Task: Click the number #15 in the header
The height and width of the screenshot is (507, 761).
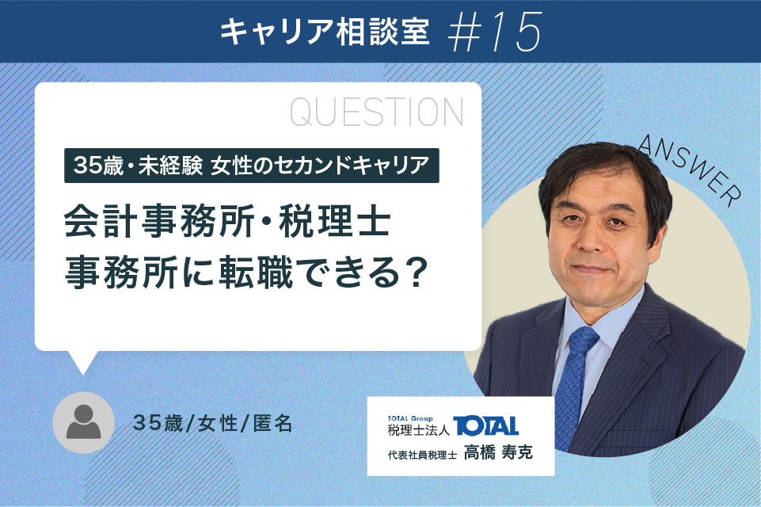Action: (x=494, y=31)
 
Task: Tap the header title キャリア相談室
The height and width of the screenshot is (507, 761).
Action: (x=325, y=32)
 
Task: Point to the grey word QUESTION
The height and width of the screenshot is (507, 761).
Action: (x=377, y=112)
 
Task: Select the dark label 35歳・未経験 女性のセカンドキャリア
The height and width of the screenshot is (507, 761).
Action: (x=251, y=166)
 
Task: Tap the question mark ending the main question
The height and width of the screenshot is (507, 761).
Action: (x=414, y=273)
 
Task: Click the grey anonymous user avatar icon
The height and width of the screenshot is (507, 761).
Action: (x=83, y=422)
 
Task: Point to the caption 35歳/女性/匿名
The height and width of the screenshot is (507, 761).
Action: (x=212, y=424)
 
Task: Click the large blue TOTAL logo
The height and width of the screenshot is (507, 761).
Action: (x=485, y=426)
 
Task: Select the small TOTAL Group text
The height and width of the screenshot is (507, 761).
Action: (x=410, y=418)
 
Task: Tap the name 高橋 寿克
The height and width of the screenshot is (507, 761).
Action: (x=498, y=452)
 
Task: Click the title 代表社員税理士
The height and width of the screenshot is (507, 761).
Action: (x=422, y=455)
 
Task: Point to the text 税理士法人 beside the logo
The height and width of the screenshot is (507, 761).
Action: (x=419, y=430)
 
